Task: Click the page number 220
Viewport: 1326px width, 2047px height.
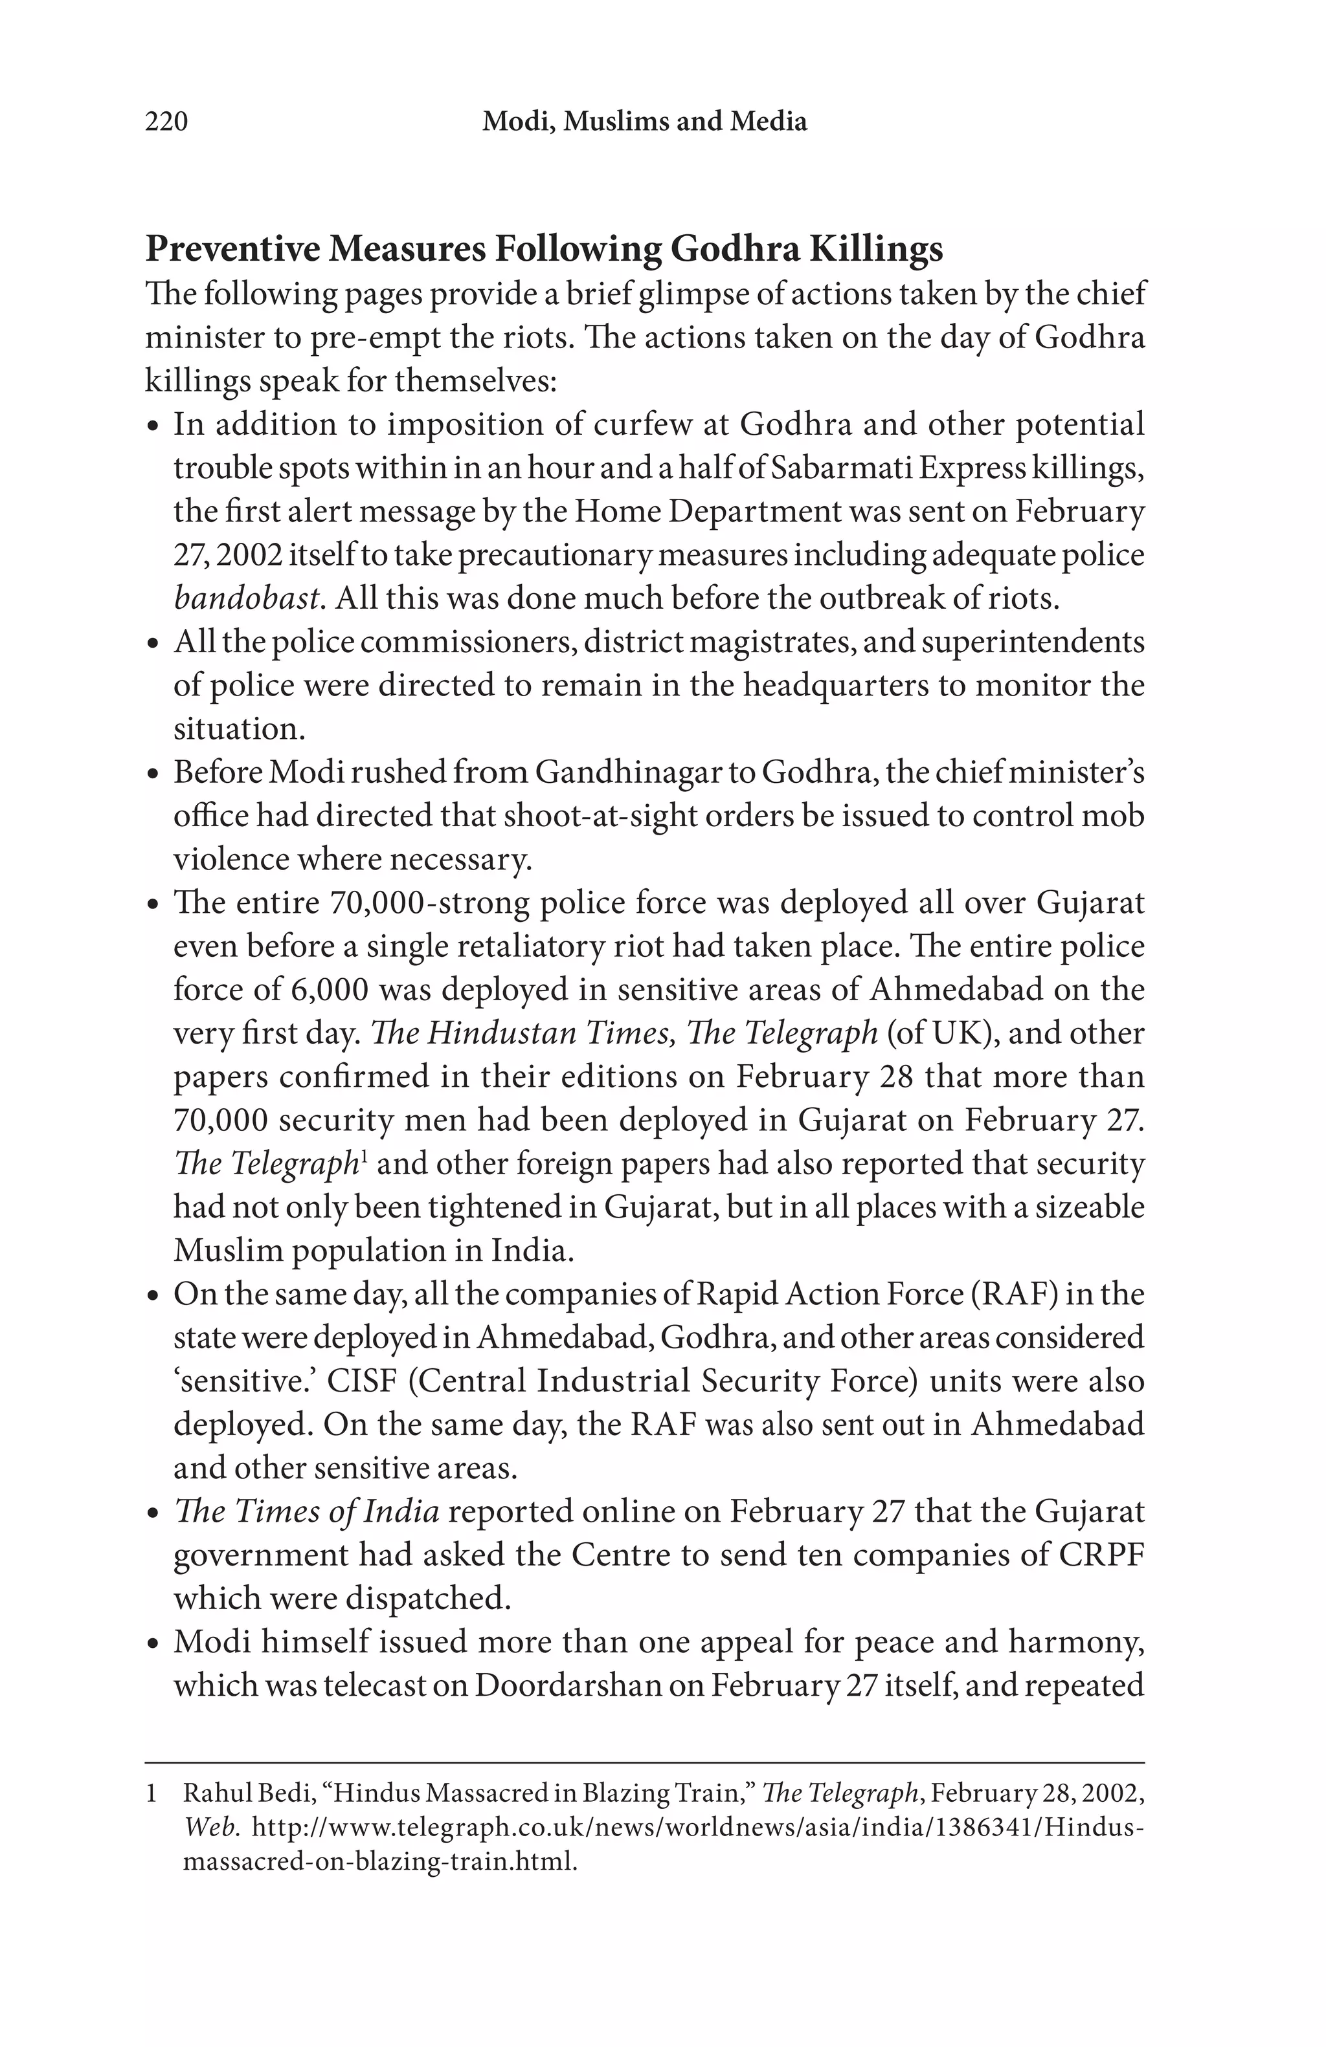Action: tap(166, 121)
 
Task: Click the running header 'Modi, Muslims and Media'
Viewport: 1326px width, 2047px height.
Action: tap(644, 121)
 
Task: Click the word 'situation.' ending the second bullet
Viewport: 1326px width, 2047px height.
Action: tap(239, 728)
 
